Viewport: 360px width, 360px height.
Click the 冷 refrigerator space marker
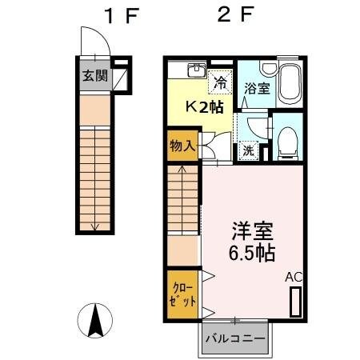pos(219,81)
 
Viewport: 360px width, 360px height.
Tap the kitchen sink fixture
pos(196,70)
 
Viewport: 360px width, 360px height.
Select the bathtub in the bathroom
pos(289,82)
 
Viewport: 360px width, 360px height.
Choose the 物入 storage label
pos(182,146)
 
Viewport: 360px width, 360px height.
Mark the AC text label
pos(295,277)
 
